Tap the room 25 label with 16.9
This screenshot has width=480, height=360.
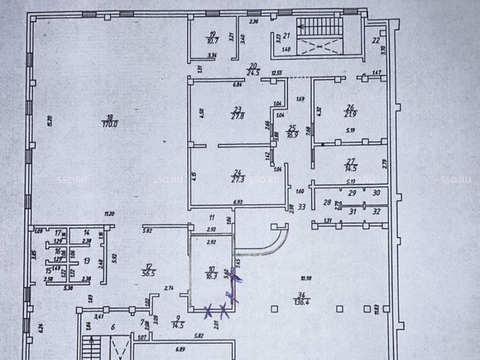pyautogui.click(x=292, y=135)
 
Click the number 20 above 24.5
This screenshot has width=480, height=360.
pyautogui.click(x=253, y=66)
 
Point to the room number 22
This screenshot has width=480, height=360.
pyautogui.click(x=376, y=40)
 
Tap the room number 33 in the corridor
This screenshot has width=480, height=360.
pyautogui.click(x=302, y=207)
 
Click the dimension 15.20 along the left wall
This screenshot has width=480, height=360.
pyautogui.click(x=49, y=121)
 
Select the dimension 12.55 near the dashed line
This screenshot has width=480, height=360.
pyautogui.click(x=276, y=73)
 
